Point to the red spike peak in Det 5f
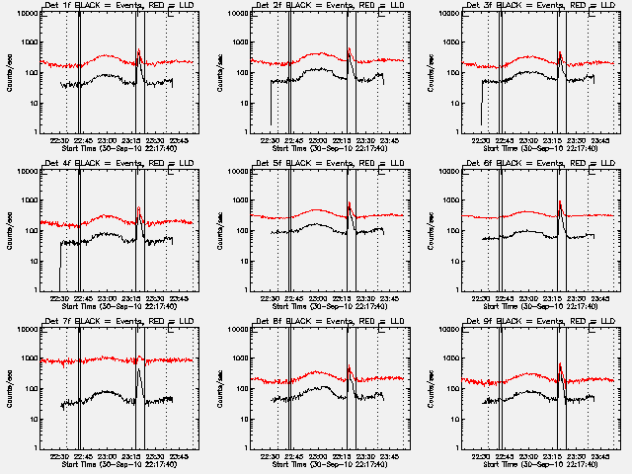[x=350, y=203]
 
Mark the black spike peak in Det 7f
[x=139, y=369]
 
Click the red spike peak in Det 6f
[x=560, y=202]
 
